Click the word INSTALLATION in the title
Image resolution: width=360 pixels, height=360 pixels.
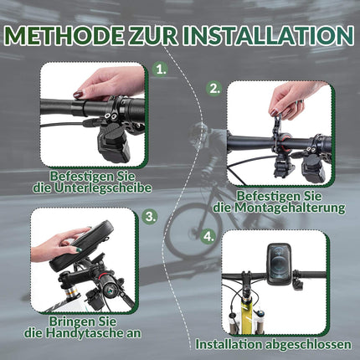[266, 35]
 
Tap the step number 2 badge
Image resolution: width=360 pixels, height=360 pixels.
[215, 88]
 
